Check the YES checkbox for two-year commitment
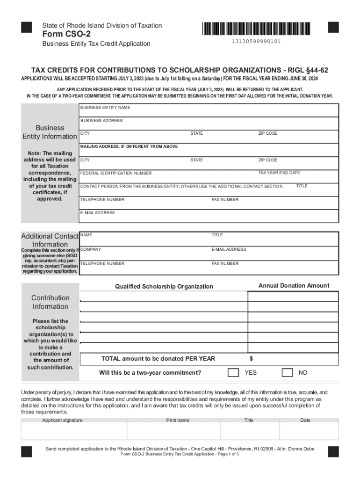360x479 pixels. [x=233, y=372]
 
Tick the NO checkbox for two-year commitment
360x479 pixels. [x=287, y=372]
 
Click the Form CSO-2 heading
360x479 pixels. [x=66, y=34]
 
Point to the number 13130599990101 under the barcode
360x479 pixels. [x=256, y=42]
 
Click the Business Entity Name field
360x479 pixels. [x=209, y=111]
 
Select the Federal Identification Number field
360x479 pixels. [x=168, y=176]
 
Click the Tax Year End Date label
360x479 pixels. [x=279, y=173]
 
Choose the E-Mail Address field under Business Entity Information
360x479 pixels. [x=209, y=216]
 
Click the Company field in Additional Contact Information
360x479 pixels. [x=145, y=253]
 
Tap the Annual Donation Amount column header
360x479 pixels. [x=294, y=286]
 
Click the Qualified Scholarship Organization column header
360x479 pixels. [x=164, y=286]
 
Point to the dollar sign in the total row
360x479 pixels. [x=252, y=359]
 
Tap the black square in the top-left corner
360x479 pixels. [x=27, y=27]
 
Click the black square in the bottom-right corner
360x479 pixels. [x=333, y=451]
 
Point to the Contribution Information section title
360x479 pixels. [x=50, y=302]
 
